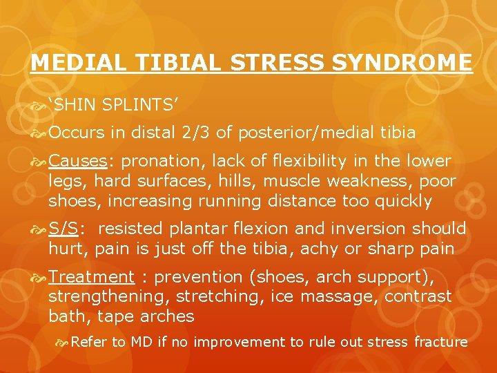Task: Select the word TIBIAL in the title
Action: pyautogui.click(x=181, y=63)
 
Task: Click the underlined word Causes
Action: pyautogui.click(x=77, y=162)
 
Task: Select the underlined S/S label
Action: pyautogui.click(x=67, y=229)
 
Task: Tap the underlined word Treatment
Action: pyautogui.click(x=92, y=278)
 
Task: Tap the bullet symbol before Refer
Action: pyautogui.click(x=61, y=342)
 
